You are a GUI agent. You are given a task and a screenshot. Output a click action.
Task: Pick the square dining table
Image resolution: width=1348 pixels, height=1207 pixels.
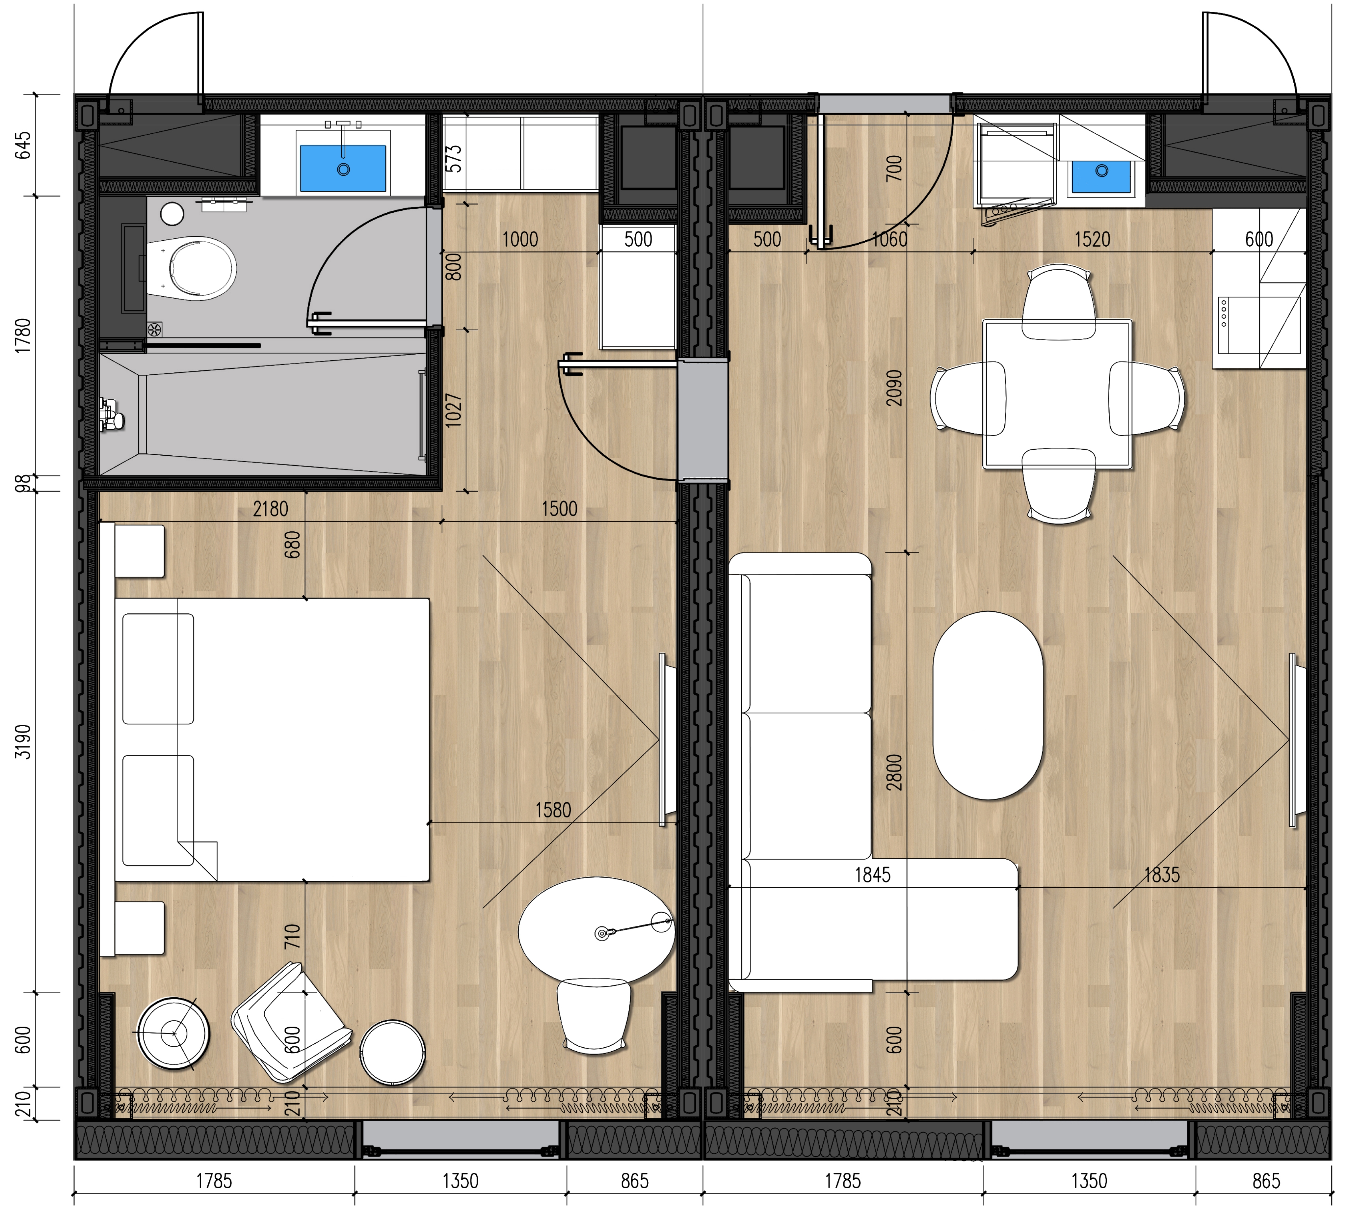[x=1058, y=394]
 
